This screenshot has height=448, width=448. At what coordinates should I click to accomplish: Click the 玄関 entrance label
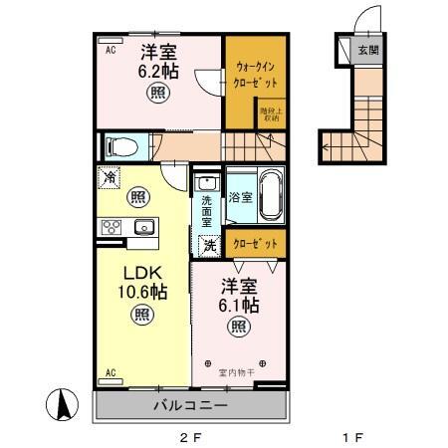[368, 48]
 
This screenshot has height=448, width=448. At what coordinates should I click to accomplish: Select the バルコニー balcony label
[190, 406]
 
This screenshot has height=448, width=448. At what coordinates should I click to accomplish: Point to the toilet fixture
[120, 145]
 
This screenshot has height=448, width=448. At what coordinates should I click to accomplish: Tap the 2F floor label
[190, 436]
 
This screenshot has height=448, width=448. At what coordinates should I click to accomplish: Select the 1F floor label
[352, 436]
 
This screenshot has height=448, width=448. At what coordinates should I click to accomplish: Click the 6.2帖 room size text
[157, 72]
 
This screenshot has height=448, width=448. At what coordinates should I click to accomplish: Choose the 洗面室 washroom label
[206, 211]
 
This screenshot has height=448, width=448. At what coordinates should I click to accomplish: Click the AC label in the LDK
[111, 373]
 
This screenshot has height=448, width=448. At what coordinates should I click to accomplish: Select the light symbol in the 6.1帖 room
[239, 326]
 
